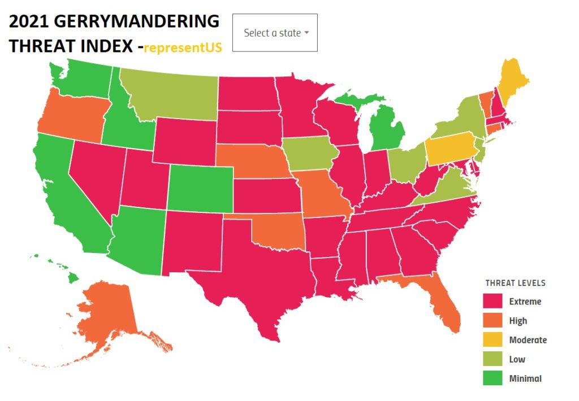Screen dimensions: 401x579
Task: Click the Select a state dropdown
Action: tap(275, 33)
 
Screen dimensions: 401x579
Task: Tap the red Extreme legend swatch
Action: tap(492, 302)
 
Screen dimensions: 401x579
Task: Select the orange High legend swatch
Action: tap(492, 321)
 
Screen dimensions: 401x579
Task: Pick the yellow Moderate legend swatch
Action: tap(492, 340)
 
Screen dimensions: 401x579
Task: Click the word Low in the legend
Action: tap(517, 359)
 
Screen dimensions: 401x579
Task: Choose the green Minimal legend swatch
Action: tap(492, 378)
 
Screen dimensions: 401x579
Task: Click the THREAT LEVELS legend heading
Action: tap(515, 283)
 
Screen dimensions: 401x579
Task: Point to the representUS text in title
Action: tap(183, 48)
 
